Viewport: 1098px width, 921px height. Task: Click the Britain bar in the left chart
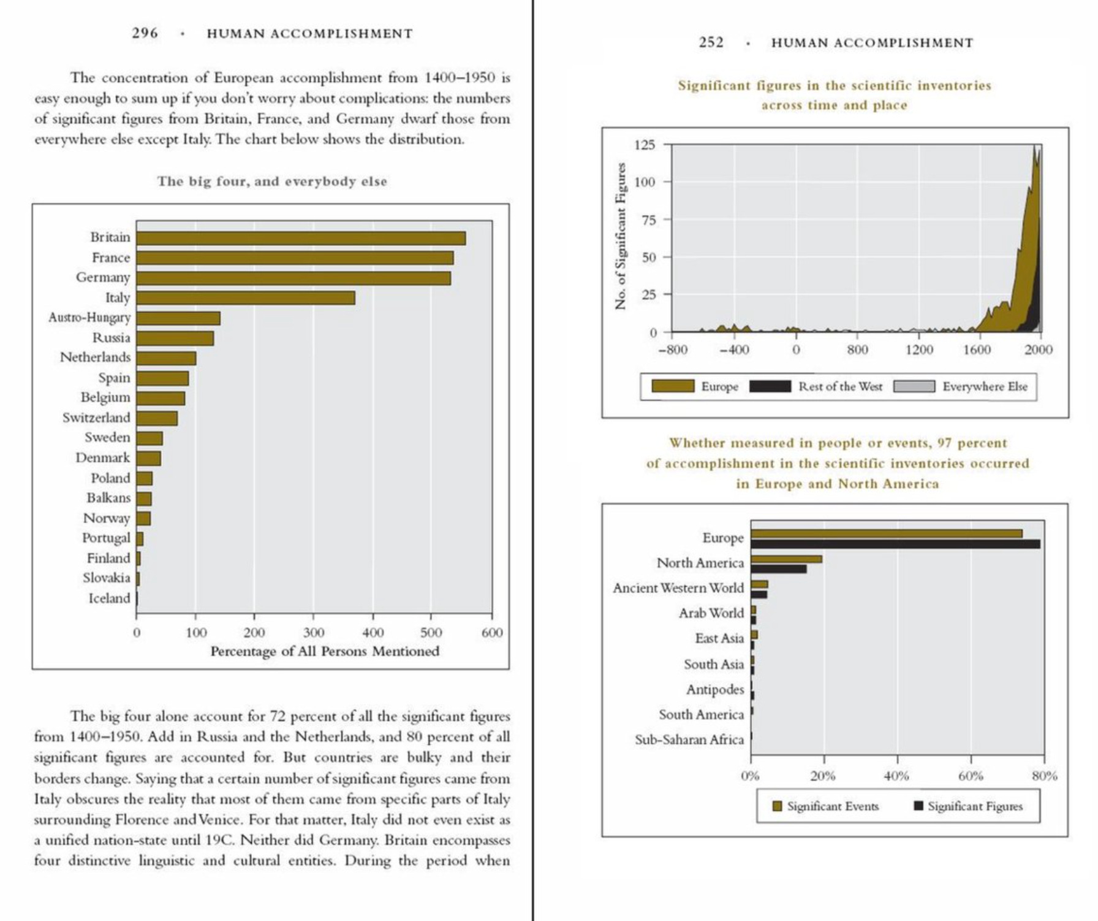(300, 238)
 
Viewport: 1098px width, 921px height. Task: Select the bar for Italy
(245, 298)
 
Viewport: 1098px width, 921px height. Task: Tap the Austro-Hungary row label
(89, 318)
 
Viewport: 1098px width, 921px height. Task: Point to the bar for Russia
(175, 338)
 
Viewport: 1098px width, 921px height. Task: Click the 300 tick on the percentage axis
(313, 633)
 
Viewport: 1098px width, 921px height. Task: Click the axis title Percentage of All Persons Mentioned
(325, 651)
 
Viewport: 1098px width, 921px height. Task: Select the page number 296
(145, 33)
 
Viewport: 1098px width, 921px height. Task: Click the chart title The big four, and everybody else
(272, 182)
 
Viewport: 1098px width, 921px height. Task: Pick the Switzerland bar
(157, 418)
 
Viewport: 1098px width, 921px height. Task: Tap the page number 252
(711, 42)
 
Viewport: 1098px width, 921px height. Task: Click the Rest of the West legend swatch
(770, 386)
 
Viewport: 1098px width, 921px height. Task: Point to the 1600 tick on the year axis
(977, 350)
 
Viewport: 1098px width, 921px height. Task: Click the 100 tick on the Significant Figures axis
(645, 182)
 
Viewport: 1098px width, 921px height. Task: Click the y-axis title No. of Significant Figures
(621, 236)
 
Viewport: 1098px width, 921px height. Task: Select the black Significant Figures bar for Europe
(895, 544)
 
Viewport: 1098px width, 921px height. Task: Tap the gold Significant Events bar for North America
(786, 559)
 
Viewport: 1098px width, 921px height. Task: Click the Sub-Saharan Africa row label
(689, 739)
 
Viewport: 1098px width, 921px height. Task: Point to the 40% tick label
(896, 776)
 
